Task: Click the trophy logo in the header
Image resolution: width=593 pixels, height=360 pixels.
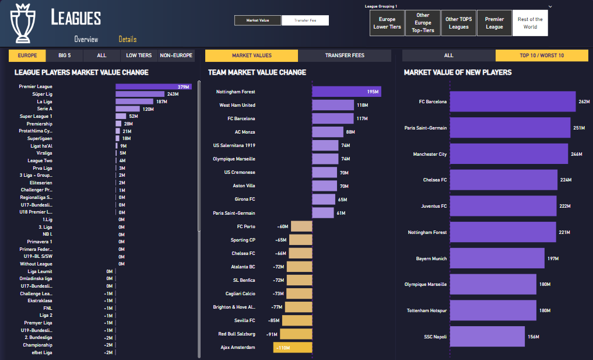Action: pyautogui.click(x=24, y=23)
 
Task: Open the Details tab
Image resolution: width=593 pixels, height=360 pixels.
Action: pyautogui.click(x=127, y=40)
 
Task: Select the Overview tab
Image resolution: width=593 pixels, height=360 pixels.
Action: pyautogui.click(x=86, y=40)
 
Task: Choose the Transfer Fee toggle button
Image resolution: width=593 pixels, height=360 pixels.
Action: pyautogui.click(x=305, y=20)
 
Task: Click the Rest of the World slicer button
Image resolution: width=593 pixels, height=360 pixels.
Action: pyautogui.click(x=530, y=23)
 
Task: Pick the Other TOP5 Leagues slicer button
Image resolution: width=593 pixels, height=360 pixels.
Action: pyautogui.click(x=458, y=23)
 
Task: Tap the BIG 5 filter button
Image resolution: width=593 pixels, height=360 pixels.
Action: pyautogui.click(x=64, y=55)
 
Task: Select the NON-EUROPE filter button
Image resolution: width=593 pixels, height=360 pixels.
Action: pyautogui.click(x=176, y=55)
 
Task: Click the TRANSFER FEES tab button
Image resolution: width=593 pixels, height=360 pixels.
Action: pyautogui.click(x=345, y=55)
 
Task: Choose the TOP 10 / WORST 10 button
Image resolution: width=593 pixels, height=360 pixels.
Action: pyautogui.click(x=542, y=55)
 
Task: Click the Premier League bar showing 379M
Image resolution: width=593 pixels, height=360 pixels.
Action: pyautogui.click(x=153, y=87)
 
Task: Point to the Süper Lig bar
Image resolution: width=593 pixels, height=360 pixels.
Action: pyautogui.click(x=140, y=94)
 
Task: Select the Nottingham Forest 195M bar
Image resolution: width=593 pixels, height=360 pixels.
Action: pyautogui.click(x=346, y=92)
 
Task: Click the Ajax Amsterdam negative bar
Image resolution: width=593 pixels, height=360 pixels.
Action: pyautogui.click(x=293, y=348)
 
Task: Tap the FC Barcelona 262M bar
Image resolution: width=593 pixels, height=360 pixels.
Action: pyautogui.click(x=513, y=102)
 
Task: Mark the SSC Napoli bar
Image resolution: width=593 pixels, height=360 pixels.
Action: pyautogui.click(x=486, y=337)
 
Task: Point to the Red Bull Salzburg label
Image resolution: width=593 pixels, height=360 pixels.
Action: pyautogui.click(x=237, y=334)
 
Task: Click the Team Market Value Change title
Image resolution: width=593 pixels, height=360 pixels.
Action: pyautogui.click(x=257, y=72)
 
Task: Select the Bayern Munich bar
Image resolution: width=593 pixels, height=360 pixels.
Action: pyautogui.click(x=496, y=258)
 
